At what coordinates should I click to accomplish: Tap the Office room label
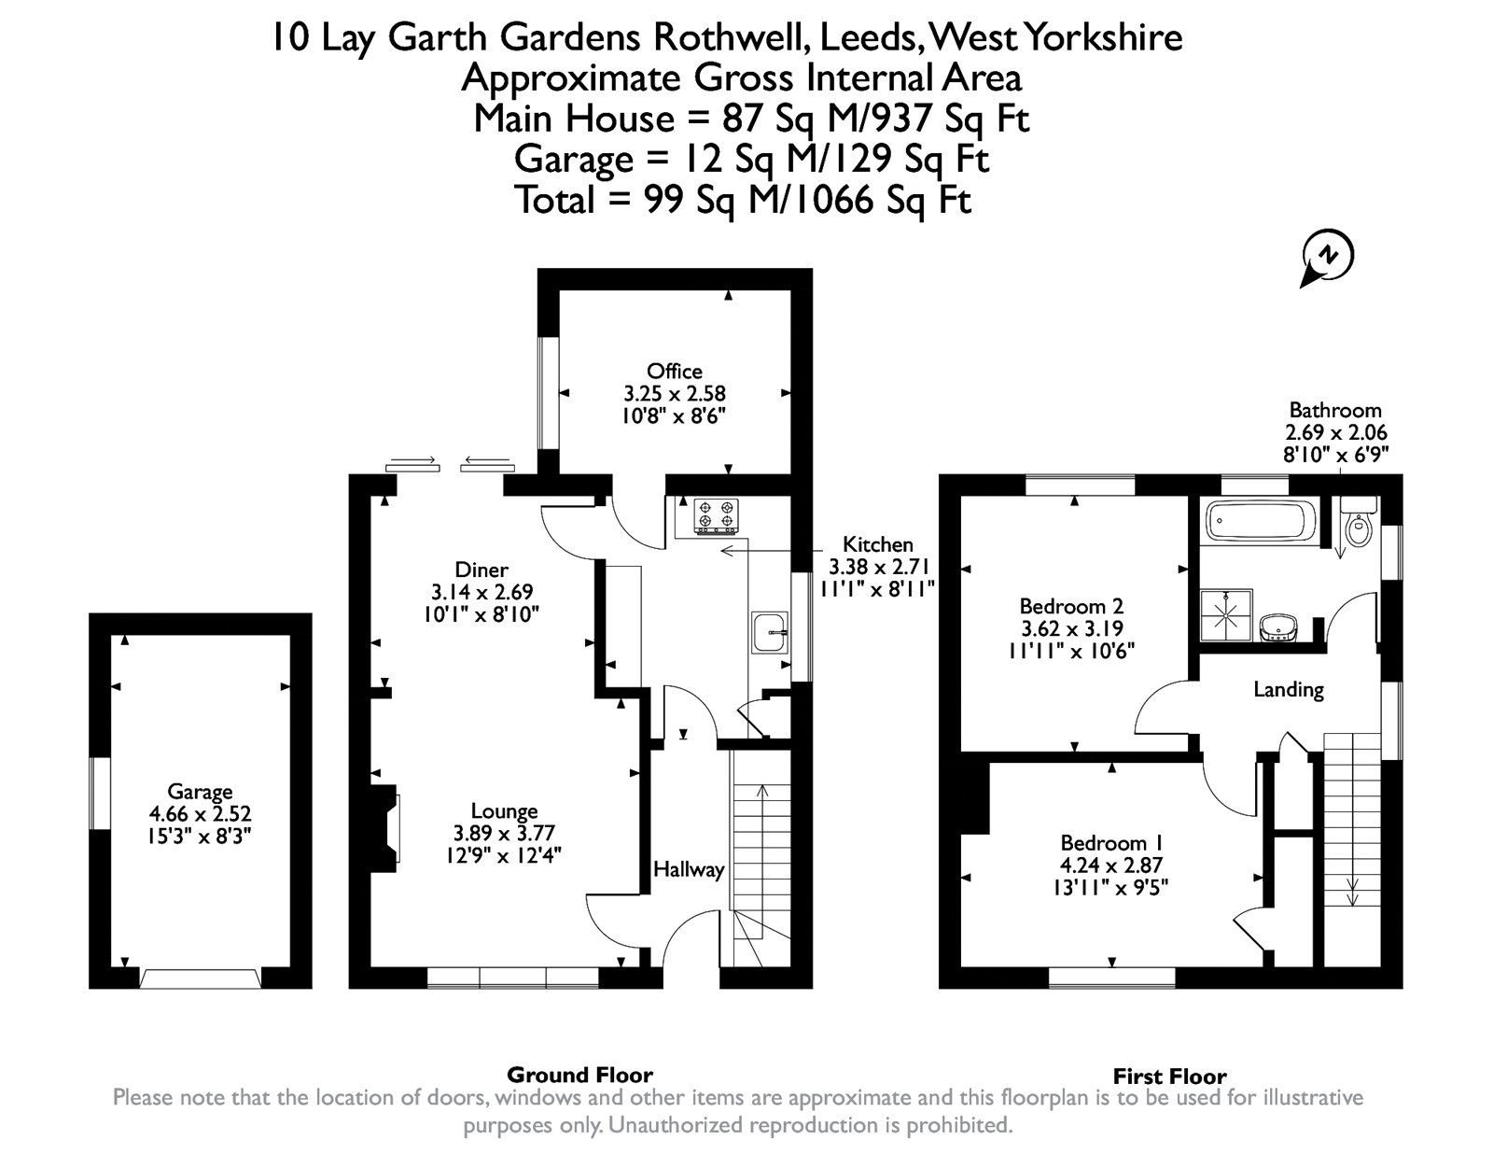tap(674, 372)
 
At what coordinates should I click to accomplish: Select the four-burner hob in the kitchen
tap(716, 515)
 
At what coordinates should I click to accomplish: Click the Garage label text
tap(200, 792)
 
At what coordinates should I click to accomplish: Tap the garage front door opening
tap(200, 978)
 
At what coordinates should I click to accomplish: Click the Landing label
tap(1288, 690)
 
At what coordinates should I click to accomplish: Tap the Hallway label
tap(689, 870)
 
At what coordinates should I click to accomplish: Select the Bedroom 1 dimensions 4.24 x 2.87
tap(1111, 865)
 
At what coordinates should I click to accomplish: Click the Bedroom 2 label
tap(1071, 605)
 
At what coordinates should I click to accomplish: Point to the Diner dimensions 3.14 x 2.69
tap(481, 592)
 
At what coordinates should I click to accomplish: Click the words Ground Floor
tap(579, 1075)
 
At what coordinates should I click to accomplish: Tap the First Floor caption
tap(1169, 1077)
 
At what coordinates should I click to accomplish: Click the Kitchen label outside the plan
tap(877, 544)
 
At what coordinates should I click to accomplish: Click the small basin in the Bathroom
tap(1275, 628)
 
